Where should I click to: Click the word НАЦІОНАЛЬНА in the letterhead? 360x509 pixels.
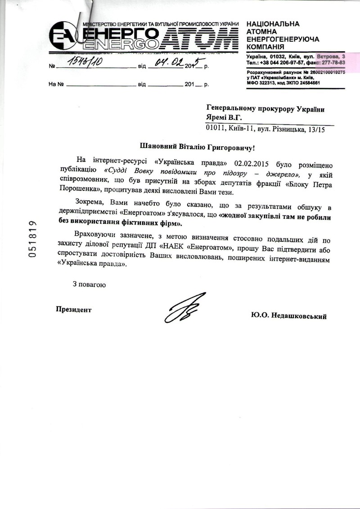[x=273, y=23]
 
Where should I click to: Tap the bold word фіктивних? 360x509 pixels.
[x=147, y=223]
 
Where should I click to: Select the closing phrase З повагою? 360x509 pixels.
[x=89, y=284]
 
